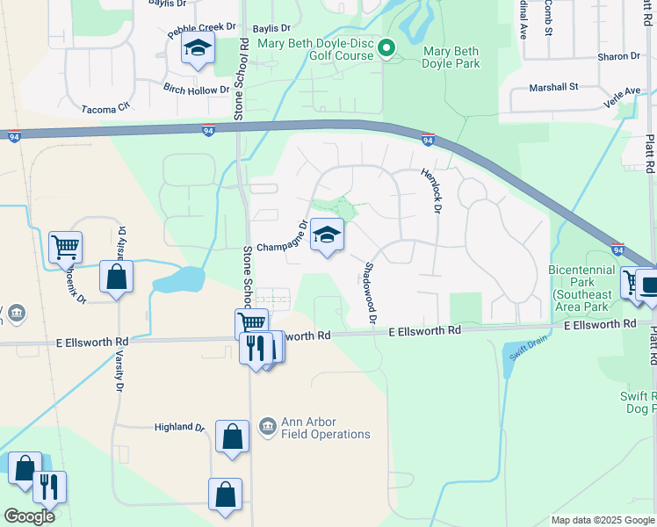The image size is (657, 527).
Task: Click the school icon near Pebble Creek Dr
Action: pyautogui.click(x=199, y=48)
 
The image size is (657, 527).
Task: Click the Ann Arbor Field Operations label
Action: pyautogui.click(x=325, y=428)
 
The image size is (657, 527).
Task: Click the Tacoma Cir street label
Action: pyautogui.click(x=105, y=107)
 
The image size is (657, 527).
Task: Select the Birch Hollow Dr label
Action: pyautogui.click(x=196, y=89)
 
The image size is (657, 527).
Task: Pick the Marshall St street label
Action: pyautogui.click(x=553, y=87)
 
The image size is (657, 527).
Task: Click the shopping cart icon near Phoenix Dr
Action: pyautogui.click(x=65, y=248)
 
